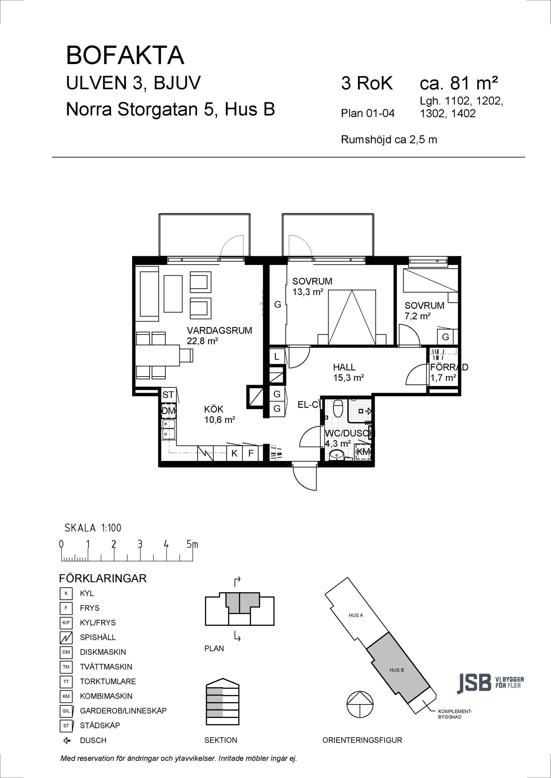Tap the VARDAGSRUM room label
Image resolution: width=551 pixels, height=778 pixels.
coord(219,330)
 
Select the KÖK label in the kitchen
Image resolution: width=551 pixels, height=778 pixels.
coord(214,409)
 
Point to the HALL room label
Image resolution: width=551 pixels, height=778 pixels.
coord(344,367)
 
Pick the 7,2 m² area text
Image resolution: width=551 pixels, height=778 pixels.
coord(417,316)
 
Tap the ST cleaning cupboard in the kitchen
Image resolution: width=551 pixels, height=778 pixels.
coord(168,395)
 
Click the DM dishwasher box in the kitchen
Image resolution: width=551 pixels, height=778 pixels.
coord(168,411)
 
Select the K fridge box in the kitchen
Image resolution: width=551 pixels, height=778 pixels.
coord(234,453)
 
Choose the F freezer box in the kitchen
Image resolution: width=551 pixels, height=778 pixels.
coord(251,453)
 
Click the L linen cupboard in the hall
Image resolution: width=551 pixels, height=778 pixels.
coord(277,356)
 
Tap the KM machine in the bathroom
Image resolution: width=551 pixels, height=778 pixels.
coord(363,452)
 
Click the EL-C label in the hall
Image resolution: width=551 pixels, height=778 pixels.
coord(308,404)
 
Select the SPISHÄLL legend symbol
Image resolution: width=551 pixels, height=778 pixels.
coord(66,637)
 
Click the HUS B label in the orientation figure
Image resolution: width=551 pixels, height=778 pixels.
coord(397,670)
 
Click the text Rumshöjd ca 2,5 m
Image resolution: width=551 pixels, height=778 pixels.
coord(389,139)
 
